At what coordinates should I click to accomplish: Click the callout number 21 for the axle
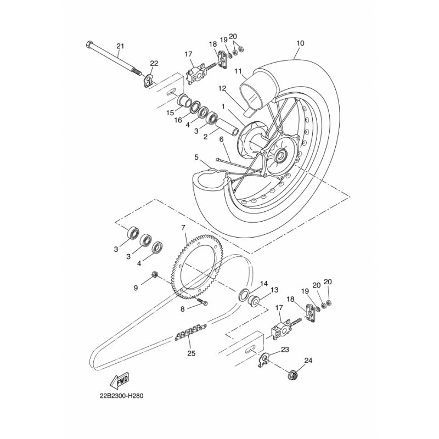(120, 46)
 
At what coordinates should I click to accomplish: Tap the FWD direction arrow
(119, 380)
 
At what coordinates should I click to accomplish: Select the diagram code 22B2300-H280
(121, 396)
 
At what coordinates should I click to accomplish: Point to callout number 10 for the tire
(300, 43)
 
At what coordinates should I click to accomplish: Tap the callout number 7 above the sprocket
(183, 227)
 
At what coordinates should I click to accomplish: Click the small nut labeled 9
(154, 274)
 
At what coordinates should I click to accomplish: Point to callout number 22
(154, 63)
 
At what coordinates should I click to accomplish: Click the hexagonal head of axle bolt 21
(88, 44)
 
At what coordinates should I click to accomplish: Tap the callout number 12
(222, 88)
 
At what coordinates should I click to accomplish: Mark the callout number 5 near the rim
(196, 157)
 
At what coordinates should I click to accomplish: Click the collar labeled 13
(254, 301)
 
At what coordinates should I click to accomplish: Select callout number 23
(285, 350)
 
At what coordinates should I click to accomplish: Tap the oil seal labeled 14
(243, 294)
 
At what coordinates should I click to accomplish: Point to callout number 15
(170, 113)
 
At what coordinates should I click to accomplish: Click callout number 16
(178, 120)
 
